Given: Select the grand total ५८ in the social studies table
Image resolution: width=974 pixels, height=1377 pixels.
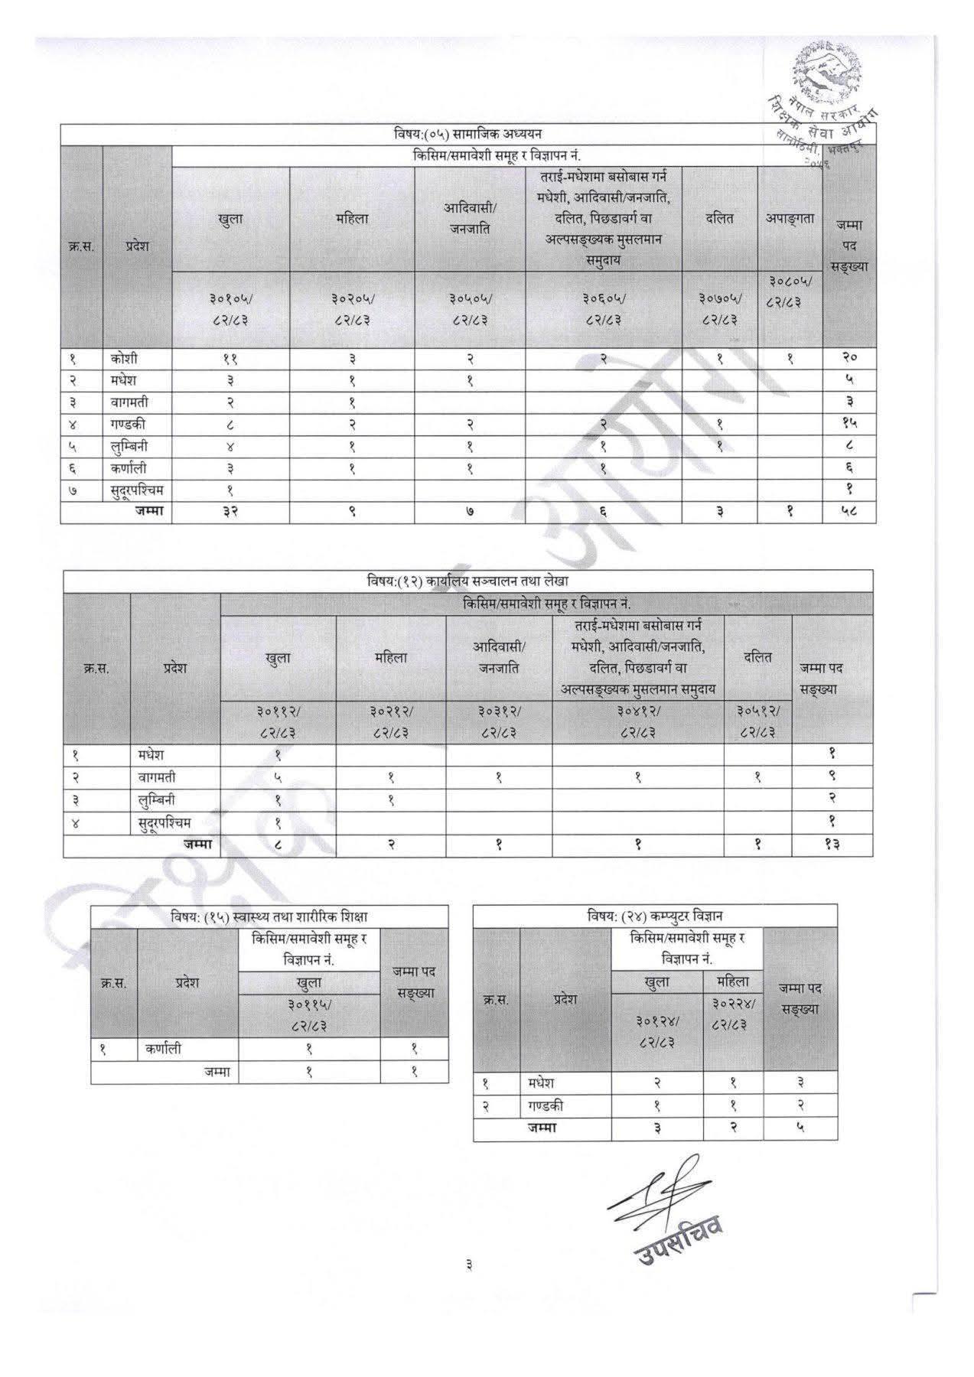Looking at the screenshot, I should (x=849, y=513).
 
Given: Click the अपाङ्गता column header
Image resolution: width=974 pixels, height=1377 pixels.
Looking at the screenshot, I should (x=790, y=218).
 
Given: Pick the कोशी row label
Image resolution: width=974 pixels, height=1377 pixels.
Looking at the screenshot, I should (x=123, y=358).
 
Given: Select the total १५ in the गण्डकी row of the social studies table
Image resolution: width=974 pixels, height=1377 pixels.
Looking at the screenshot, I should (x=849, y=424).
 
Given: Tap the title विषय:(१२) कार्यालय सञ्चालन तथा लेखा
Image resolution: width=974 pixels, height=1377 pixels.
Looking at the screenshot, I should (x=467, y=581).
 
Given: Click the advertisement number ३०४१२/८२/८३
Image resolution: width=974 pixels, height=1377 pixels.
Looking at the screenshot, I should (x=638, y=722).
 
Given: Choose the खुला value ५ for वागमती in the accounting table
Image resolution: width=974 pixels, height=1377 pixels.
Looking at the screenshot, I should (x=278, y=777).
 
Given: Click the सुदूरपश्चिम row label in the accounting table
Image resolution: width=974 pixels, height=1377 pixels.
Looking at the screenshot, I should (x=161, y=823).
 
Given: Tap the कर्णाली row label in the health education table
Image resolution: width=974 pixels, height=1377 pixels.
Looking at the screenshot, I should (x=164, y=1049).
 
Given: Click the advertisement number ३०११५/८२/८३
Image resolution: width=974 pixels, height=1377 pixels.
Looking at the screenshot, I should (x=309, y=1015).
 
